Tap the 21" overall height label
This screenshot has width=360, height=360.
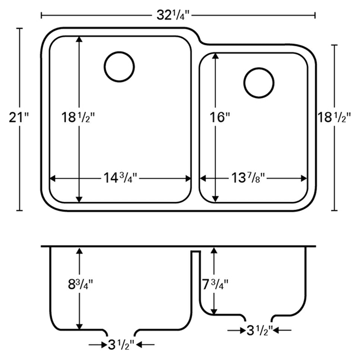click(x=19, y=117)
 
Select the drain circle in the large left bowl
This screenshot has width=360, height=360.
click(x=119, y=67)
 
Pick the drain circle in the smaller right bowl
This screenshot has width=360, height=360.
click(x=259, y=83)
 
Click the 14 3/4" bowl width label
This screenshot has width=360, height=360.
click(x=120, y=178)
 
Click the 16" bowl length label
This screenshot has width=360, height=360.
click(x=220, y=117)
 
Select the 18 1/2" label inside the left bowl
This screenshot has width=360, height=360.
click(x=78, y=117)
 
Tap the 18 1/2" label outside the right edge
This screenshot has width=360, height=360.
click(x=334, y=117)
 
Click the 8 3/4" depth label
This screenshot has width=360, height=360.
click(x=81, y=285)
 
